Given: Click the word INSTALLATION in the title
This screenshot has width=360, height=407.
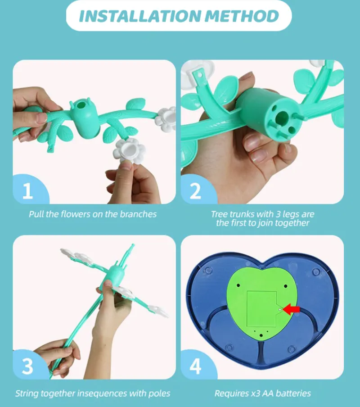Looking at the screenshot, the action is [140, 16].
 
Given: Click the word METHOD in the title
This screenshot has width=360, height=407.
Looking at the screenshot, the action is [242, 16].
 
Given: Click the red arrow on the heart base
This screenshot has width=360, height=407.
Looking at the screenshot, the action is [291, 309].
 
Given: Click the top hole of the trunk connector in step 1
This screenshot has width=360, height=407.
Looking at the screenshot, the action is [81, 105].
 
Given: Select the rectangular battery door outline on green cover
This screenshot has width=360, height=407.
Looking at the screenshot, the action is [261, 309].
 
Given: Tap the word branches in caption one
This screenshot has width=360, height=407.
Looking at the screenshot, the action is [138, 214].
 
